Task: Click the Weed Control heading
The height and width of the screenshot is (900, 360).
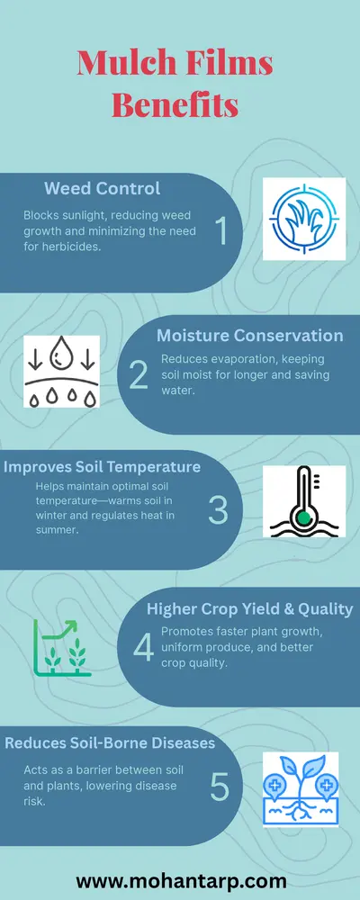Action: tap(103, 189)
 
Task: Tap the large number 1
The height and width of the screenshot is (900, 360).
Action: tap(220, 231)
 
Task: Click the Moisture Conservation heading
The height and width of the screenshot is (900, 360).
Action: tap(249, 336)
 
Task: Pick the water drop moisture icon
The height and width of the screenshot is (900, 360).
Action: tap(60, 371)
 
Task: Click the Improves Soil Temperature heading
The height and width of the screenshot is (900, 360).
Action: tap(102, 467)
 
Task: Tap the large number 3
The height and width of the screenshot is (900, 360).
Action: tap(219, 509)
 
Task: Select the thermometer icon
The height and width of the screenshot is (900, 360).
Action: tap(303, 502)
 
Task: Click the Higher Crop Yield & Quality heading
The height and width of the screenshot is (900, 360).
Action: tap(249, 609)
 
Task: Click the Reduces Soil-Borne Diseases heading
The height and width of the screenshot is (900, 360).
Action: tap(109, 743)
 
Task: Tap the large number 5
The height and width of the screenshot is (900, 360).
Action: tap(220, 786)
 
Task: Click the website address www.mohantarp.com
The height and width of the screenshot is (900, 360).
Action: tap(181, 856)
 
